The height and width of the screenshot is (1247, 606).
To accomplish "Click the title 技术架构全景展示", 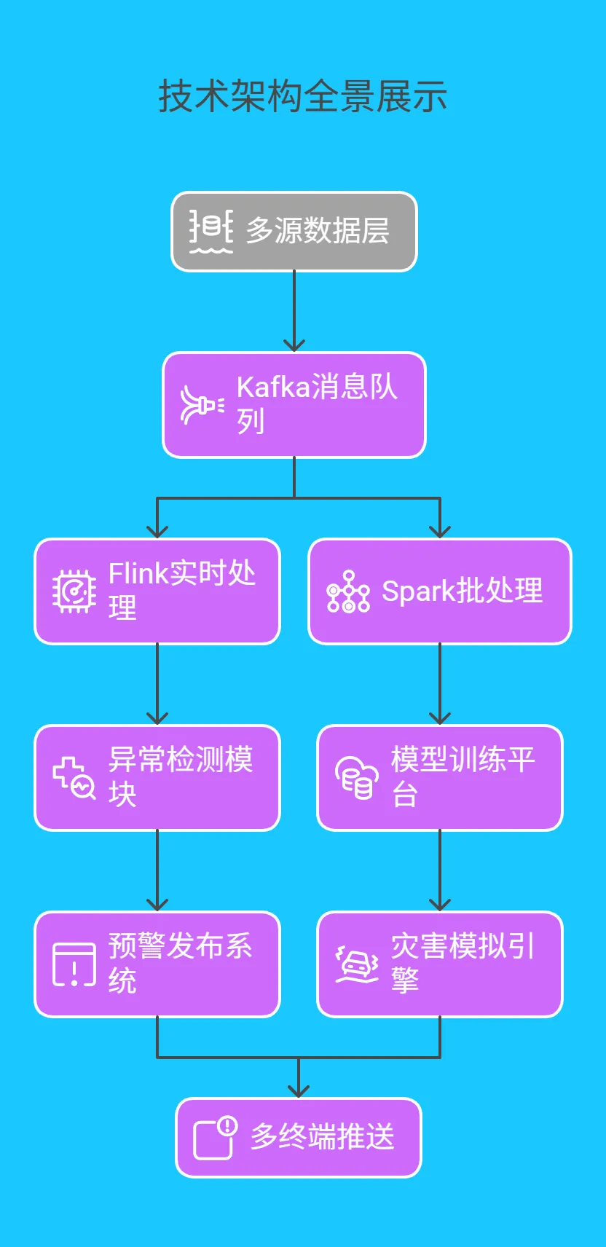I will pos(302,96).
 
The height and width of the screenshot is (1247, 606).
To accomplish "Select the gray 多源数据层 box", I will pos(294,232).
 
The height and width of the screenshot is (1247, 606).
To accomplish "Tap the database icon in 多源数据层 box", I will pos(211,230).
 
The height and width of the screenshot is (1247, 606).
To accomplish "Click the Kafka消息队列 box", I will pos(294,405).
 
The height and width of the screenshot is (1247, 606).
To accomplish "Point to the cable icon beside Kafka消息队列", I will pos(202,405).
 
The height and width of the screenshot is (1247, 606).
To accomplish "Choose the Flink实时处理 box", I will pos(157,591).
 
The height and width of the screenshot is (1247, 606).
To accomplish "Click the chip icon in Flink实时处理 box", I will pos(74,591).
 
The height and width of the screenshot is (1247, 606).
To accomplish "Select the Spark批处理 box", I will pos(440,591).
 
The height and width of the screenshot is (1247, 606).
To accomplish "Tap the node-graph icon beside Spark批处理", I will pos(348,591).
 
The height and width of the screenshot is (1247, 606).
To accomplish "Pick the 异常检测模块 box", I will pos(157,778).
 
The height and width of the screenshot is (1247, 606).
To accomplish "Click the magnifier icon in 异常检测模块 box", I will pos(74,778).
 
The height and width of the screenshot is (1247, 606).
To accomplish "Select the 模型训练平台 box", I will pos(440,778).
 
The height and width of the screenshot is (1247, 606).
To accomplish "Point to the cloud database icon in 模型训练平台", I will pos(357,778).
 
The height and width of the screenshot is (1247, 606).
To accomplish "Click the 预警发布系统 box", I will pos(157,964).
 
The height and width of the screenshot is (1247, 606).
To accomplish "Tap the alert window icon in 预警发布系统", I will pos(74,964).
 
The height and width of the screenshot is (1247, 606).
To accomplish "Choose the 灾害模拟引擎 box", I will pos(440,964).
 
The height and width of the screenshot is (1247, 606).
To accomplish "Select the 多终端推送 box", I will pos(299,1138).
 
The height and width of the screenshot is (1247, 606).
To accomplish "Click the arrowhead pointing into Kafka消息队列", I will pos(294,346).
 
